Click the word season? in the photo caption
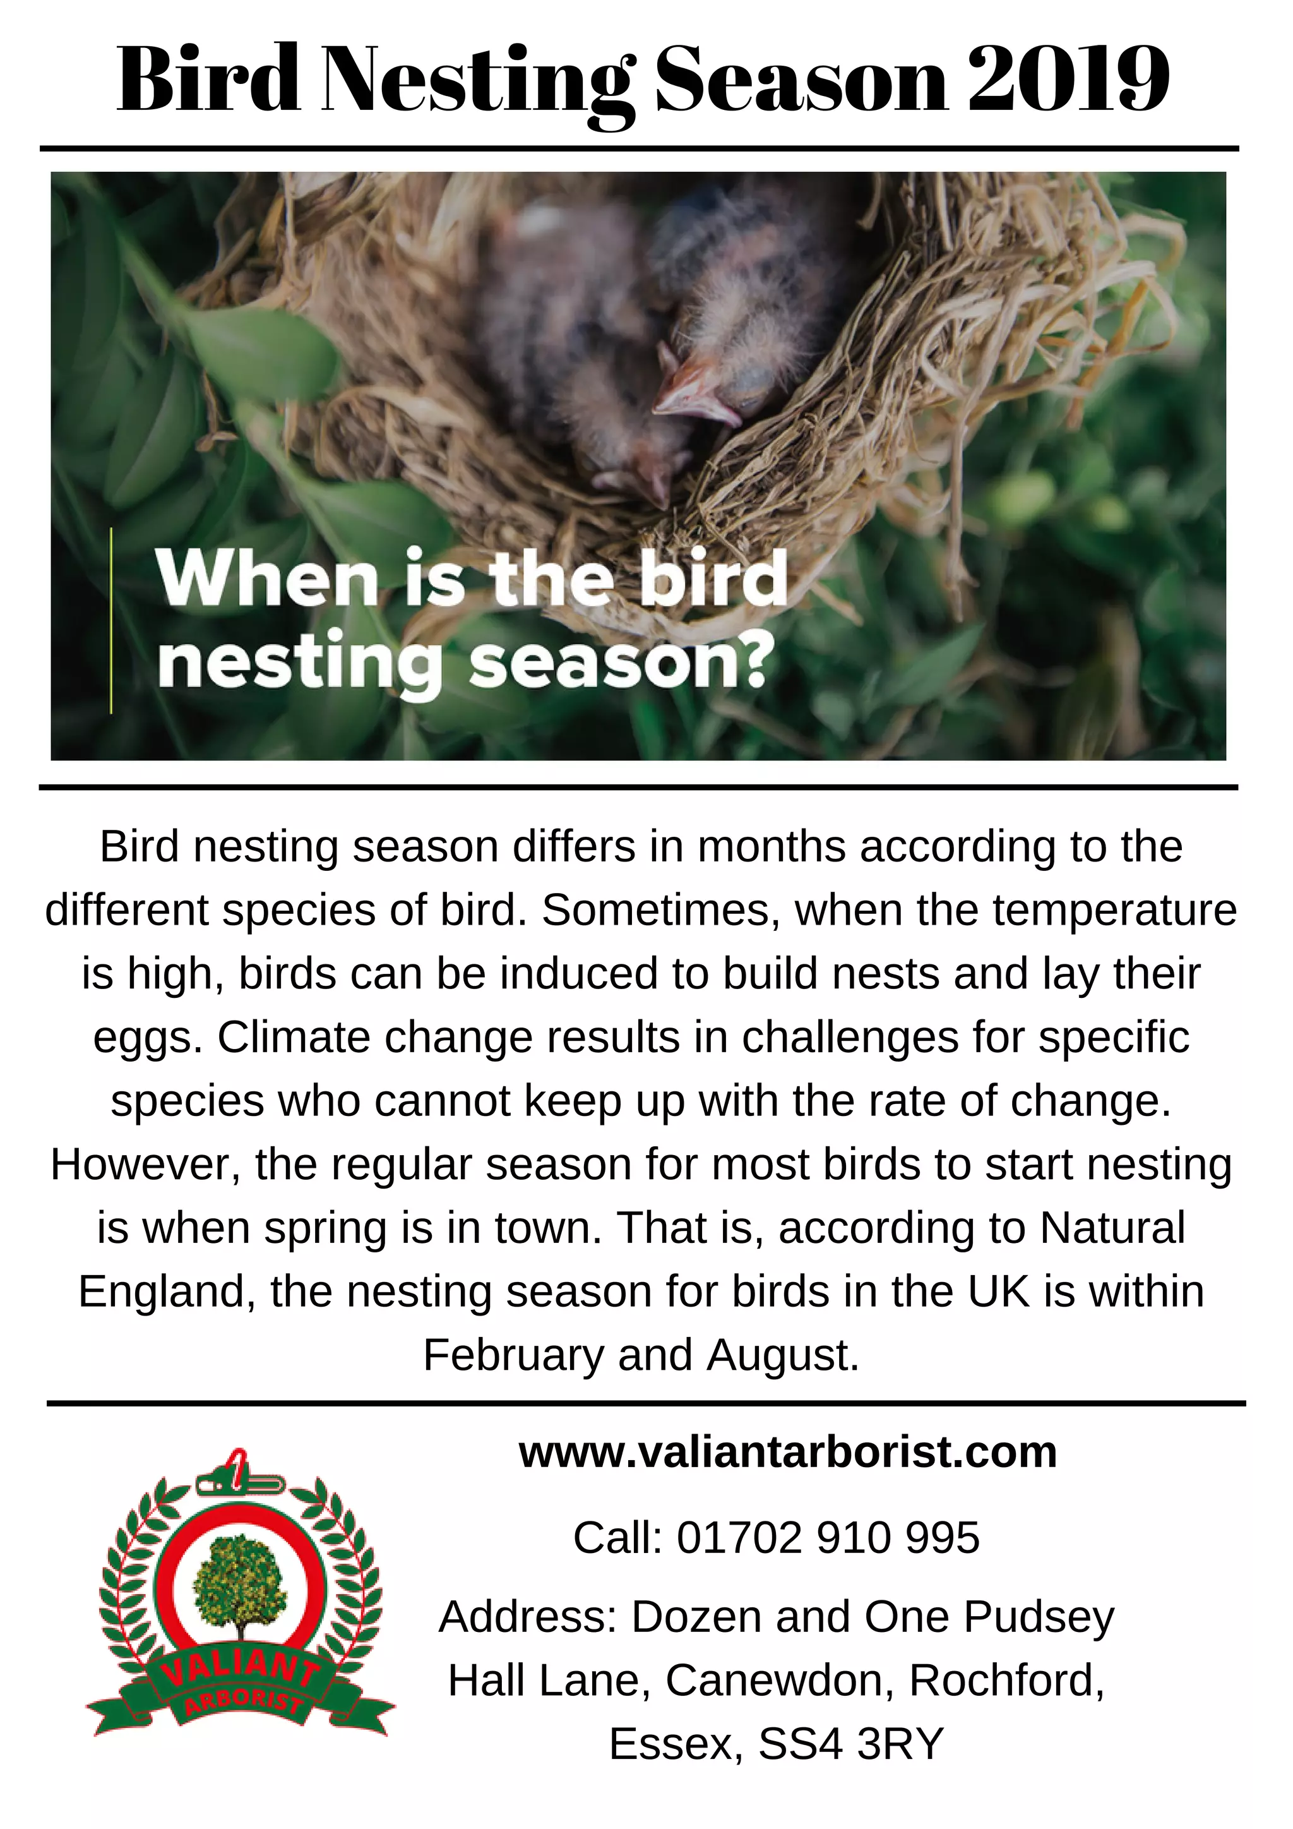pyautogui.click(x=621, y=664)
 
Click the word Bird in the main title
pyautogui.click(x=208, y=80)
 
